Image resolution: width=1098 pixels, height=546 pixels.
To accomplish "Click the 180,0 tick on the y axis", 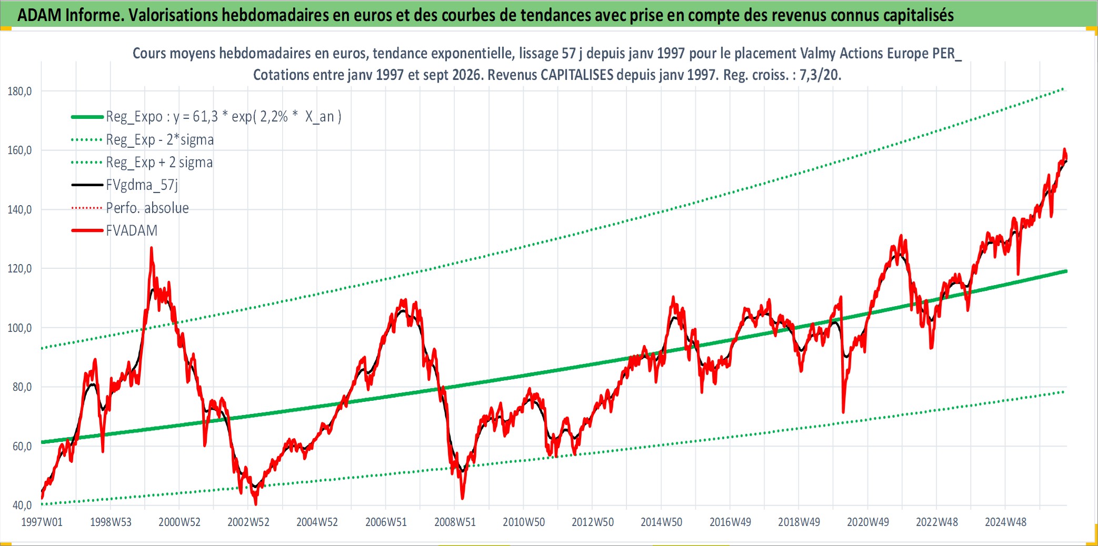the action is (x=19, y=92).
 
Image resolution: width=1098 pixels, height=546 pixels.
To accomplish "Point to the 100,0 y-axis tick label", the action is (x=19, y=328).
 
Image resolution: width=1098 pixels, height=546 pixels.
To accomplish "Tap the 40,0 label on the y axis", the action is (x=22, y=505).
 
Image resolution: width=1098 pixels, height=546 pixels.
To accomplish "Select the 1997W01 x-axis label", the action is (x=42, y=522).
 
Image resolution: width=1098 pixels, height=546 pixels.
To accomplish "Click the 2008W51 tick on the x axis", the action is (x=455, y=522).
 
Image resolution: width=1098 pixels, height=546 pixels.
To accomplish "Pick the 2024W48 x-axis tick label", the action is (x=1005, y=522).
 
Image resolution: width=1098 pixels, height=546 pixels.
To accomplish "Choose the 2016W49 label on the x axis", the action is (x=730, y=522).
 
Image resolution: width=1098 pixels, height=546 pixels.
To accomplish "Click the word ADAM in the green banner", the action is (x=39, y=15).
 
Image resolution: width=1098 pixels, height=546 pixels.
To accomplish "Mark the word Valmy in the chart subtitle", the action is (x=818, y=53).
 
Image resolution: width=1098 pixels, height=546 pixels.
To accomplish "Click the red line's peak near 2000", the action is (x=152, y=248).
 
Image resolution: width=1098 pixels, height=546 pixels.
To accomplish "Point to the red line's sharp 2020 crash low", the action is (x=843, y=411).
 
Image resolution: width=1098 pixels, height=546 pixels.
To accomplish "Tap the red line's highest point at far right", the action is (x=1064, y=149).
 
